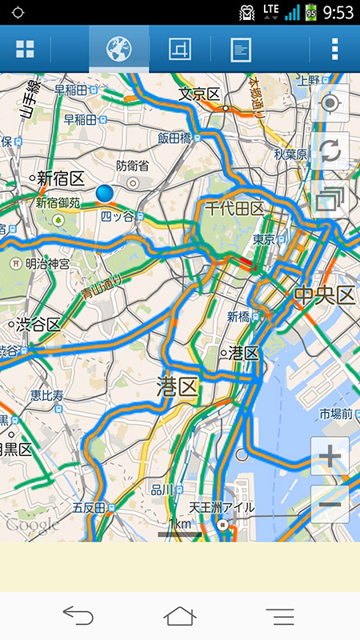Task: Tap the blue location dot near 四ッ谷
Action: pos(105,193)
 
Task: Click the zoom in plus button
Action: pos(330,457)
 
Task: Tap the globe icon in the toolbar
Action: pos(118,50)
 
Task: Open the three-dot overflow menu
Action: pos(334,50)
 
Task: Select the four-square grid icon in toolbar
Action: pos(26,50)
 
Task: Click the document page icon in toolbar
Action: pos(240,50)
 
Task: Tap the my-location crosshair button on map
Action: pos(330,104)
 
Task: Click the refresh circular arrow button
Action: pos(330,152)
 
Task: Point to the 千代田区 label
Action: pos(234,209)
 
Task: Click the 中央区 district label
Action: pos(324,295)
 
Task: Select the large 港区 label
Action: pos(177,388)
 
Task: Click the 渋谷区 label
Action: pos(38,324)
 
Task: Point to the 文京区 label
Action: pos(199,94)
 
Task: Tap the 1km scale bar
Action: pos(180,528)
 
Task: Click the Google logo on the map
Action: pos(32,525)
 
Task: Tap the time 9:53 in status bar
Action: pos(339,12)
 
